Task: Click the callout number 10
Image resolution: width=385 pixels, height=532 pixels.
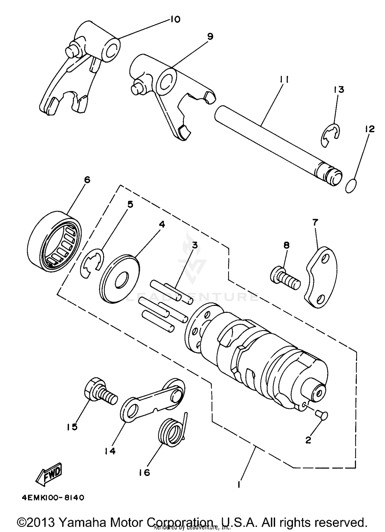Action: pos(175,19)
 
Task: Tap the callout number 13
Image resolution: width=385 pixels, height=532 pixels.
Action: pos(339,90)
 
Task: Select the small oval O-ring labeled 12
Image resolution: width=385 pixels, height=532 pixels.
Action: pos(351,186)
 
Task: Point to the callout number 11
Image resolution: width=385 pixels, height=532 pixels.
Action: pos(284,80)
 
